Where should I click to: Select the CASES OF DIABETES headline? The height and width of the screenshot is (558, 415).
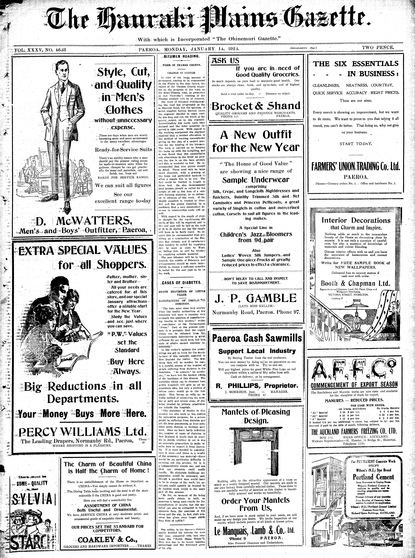tap(181, 282)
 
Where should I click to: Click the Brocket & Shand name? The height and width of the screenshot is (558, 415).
tap(256, 106)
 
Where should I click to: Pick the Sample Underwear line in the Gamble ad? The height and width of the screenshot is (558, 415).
tap(256, 180)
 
